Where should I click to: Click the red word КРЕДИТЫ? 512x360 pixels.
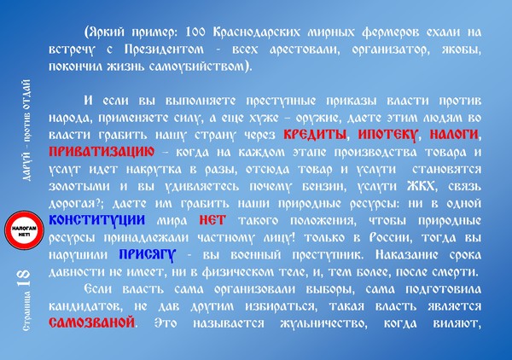[x=314, y=135]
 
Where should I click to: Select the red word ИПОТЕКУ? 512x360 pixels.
[x=388, y=135]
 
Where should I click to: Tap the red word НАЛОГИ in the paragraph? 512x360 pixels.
[x=454, y=135]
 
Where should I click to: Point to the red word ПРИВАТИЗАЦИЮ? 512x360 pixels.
[x=102, y=152]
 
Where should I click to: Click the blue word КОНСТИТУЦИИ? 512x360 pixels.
[x=97, y=220]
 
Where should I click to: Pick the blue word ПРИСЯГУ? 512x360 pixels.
[x=148, y=255]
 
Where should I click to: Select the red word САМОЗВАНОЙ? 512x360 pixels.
[x=92, y=322]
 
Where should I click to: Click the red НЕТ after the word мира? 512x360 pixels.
[x=212, y=220]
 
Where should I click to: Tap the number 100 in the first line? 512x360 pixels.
[x=195, y=32]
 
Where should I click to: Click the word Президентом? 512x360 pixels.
[x=164, y=49]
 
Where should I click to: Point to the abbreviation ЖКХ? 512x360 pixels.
[x=422, y=186]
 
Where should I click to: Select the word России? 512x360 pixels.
[x=391, y=238]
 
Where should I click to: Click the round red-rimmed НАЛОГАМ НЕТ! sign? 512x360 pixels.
[x=24, y=229]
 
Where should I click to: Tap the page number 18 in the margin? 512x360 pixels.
[x=24, y=278]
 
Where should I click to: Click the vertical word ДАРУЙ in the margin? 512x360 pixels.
[x=27, y=166]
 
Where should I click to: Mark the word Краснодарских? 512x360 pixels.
[x=256, y=32]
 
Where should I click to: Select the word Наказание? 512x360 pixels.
[x=406, y=254]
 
